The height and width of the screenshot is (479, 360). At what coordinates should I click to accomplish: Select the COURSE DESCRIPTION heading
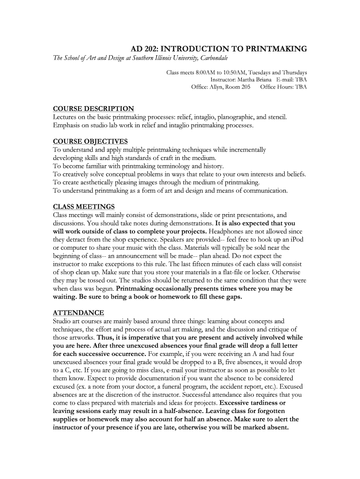(94, 109)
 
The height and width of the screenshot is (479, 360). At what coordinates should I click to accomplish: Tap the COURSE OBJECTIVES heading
(90, 141)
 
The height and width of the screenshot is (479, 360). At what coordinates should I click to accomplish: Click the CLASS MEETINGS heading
(84, 207)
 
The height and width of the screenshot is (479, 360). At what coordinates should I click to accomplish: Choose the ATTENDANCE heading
(79, 312)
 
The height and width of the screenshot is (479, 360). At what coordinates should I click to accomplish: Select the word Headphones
(226, 232)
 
